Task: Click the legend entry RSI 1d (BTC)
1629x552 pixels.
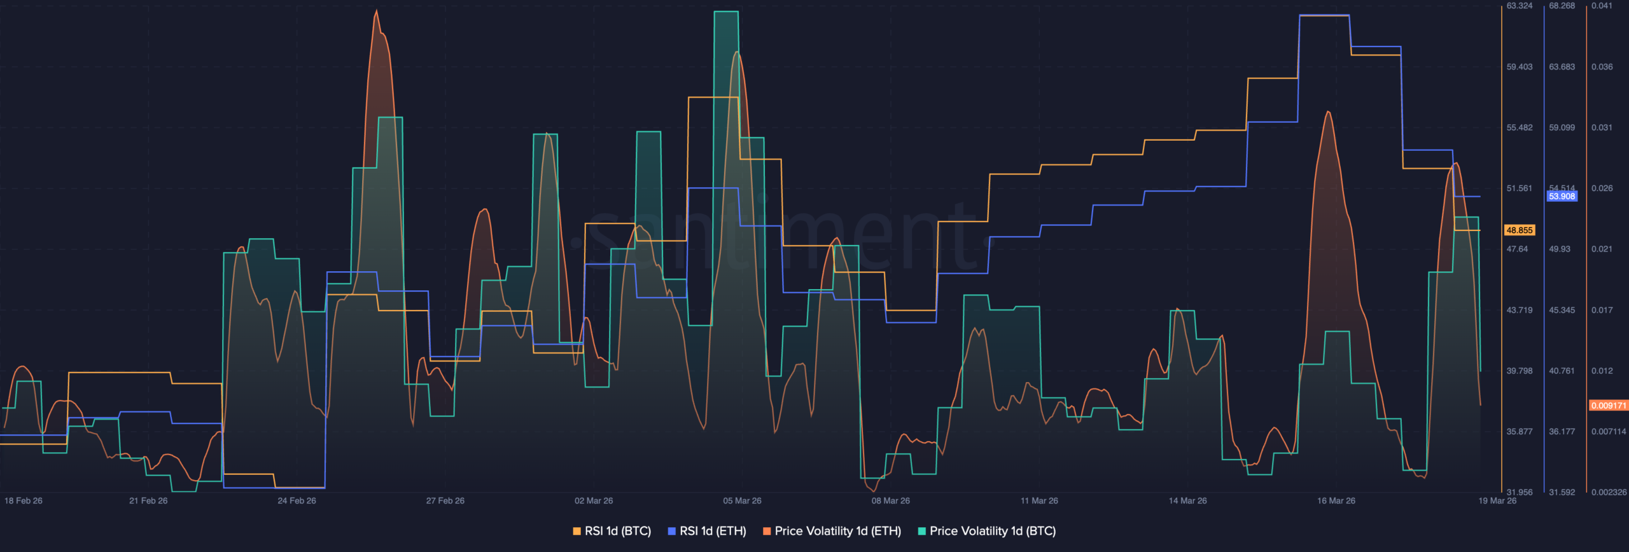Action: click(612, 531)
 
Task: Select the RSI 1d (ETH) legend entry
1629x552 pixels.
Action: click(707, 531)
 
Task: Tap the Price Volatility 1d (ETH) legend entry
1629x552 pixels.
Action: click(832, 531)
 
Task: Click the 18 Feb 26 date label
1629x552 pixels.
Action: click(24, 501)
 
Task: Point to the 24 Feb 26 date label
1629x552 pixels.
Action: click(297, 501)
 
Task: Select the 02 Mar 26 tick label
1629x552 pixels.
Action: click(594, 501)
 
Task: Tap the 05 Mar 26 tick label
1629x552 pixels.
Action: click(742, 501)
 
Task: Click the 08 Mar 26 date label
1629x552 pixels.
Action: click(890, 501)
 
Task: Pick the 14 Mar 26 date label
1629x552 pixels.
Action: click(1187, 501)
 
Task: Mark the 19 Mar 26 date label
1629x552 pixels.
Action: click(1497, 501)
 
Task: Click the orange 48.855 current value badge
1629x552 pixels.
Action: click(1520, 230)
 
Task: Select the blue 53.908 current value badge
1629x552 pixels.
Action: click(1562, 196)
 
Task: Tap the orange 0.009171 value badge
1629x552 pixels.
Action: click(1608, 406)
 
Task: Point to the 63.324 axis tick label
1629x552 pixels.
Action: click(1520, 6)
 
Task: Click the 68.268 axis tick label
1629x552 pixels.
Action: click(1562, 6)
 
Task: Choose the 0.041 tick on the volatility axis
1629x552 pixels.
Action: click(1602, 6)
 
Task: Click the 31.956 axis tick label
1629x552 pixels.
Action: click(1520, 492)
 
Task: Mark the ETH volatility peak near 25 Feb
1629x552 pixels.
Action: click(377, 11)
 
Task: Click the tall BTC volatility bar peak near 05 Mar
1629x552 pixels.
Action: click(726, 12)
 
